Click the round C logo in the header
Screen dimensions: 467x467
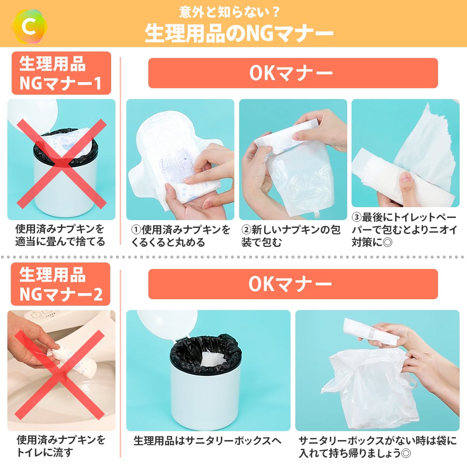pyautogui.click(x=29, y=27)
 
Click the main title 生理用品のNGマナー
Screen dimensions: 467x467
pyautogui.click(x=239, y=33)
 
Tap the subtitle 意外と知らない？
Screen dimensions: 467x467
pyautogui.click(x=229, y=12)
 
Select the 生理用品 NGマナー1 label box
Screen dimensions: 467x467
pyautogui.click(x=61, y=73)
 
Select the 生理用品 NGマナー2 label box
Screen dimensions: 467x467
pyautogui.click(x=61, y=284)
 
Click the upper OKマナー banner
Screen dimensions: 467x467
pyautogui.click(x=293, y=73)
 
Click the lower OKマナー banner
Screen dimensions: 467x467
pyautogui.click(x=293, y=284)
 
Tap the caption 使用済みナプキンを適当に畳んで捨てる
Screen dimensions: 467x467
pyautogui.click(x=60, y=235)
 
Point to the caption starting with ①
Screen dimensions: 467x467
pyautogui.click(x=180, y=236)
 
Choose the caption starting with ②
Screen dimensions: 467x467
pyautogui.click(x=291, y=236)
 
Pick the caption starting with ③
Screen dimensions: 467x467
pyautogui.click(x=404, y=229)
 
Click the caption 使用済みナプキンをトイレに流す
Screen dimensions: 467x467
pyautogui.click(x=61, y=446)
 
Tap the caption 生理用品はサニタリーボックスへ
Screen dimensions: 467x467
pyautogui.click(x=207, y=441)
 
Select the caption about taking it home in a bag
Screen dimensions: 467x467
pyautogui.click(x=377, y=447)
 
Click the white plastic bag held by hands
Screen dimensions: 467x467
pyautogui.click(x=369, y=387)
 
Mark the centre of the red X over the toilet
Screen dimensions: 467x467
pyautogui.click(x=60, y=374)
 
